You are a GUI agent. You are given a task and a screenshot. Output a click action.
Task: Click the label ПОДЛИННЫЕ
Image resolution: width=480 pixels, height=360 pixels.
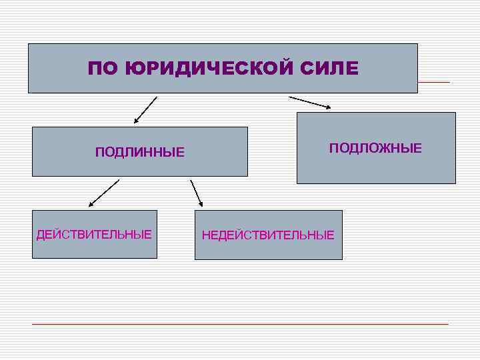pos(140,153)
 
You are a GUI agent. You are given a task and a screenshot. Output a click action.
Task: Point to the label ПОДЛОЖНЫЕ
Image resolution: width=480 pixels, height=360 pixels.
pos(375,148)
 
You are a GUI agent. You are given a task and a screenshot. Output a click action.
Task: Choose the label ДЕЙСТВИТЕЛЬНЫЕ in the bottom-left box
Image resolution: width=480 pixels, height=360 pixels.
pos(94,235)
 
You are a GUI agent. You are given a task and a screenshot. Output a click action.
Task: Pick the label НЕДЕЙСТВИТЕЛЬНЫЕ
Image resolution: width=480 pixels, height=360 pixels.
pos(268,235)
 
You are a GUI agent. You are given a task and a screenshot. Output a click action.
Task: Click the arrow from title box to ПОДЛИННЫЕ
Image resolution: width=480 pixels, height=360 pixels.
pos(145,110)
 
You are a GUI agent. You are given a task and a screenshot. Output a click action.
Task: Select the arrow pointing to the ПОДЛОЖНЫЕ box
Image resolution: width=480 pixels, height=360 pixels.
pos(310,102)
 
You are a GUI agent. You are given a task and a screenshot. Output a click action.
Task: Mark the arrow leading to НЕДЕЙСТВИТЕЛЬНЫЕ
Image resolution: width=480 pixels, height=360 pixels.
pos(196,193)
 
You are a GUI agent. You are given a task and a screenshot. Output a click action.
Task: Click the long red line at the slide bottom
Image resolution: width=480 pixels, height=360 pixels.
pos(240,324)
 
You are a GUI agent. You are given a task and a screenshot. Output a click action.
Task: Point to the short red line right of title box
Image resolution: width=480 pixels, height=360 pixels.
pos(433,82)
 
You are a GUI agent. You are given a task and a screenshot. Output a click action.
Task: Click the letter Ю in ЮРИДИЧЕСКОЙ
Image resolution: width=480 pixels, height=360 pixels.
pos(133,69)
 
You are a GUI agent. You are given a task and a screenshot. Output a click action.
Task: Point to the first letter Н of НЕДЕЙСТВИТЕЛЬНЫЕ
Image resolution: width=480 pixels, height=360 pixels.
pos(206,235)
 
